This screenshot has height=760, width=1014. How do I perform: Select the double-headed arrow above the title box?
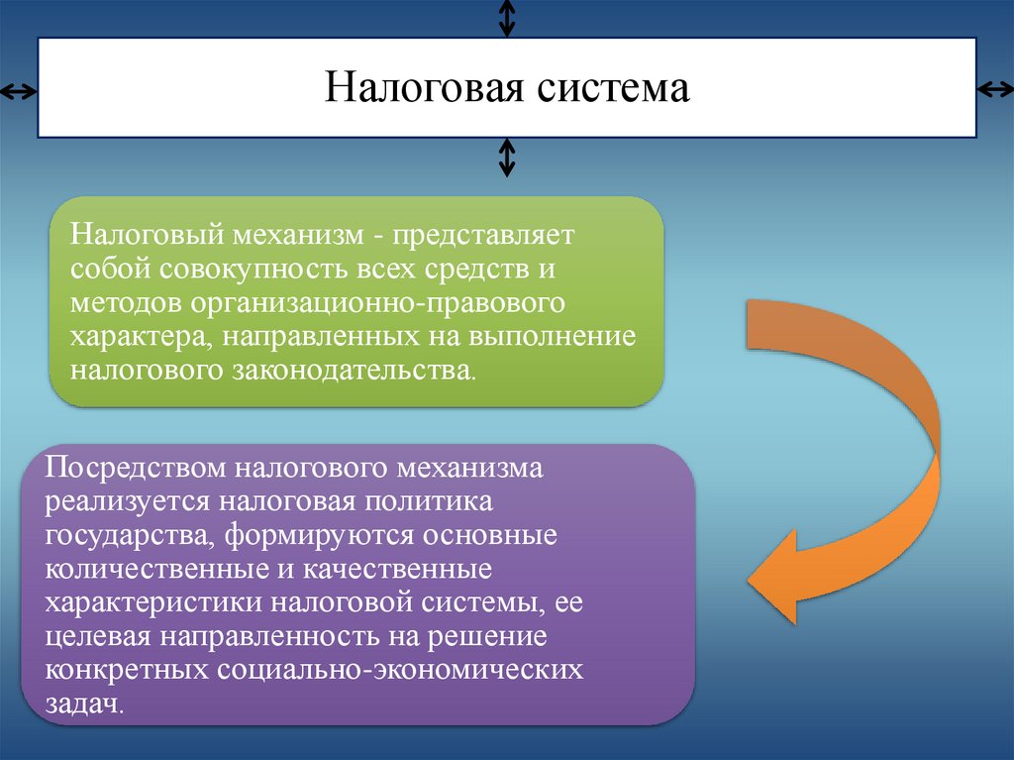tap(507, 17)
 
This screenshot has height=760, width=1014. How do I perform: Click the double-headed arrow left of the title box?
tap(17, 92)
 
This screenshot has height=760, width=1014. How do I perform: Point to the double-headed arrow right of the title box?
tap(995, 90)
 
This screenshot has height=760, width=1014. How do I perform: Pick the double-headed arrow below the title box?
tap(507, 157)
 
